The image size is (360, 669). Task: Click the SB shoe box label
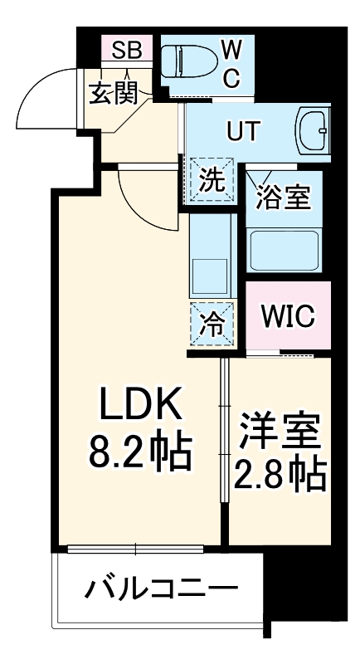(x=127, y=51)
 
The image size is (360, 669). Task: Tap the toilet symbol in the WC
(x=184, y=61)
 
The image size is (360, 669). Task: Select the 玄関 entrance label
(x=113, y=94)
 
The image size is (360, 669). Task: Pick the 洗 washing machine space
(x=212, y=179)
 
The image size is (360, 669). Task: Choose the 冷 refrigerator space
(x=212, y=324)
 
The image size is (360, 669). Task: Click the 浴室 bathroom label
(x=283, y=198)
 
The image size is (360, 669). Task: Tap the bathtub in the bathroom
(x=284, y=251)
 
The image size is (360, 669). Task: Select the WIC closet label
(x=288, y=316)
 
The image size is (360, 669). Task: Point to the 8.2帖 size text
(x=139, y=451)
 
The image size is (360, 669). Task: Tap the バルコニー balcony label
(x=161, y=589)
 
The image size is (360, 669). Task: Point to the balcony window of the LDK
(x=135, y=549)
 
